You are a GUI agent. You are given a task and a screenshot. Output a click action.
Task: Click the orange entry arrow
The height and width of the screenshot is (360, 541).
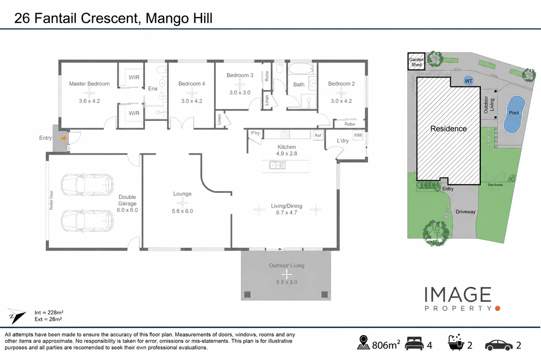coord(64,138)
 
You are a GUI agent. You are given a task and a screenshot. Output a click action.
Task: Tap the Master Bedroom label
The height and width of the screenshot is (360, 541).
coord(89,84)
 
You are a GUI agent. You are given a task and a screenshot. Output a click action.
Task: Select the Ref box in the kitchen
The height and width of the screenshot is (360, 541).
coord(318,135)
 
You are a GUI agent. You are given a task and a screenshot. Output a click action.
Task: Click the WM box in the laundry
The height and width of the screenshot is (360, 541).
coord(358,135)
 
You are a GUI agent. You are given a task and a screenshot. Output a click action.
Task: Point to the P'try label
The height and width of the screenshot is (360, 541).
coord(255,133)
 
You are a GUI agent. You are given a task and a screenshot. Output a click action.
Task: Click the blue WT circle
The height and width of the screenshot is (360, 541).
coord(468,81)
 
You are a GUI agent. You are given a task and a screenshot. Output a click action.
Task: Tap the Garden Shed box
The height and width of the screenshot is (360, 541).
coord(416,62)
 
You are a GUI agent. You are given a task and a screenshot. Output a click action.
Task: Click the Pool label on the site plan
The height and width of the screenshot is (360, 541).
coord(514,113)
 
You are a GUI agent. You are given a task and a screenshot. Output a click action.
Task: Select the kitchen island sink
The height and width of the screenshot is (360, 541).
coord(277,165)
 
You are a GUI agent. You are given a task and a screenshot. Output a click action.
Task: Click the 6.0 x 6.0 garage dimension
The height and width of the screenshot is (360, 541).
coord(127,210)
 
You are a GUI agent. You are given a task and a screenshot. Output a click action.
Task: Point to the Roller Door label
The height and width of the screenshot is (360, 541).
coord(51,200)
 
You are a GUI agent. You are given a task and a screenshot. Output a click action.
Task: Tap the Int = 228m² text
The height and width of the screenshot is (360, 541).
coord(49,312)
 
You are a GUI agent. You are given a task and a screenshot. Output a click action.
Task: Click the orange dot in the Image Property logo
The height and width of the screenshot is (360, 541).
coord(497,308)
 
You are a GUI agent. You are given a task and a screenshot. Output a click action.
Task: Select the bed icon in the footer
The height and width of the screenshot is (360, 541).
coord(414,343)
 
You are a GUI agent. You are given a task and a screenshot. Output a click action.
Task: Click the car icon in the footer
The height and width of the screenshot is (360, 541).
coord(499,345)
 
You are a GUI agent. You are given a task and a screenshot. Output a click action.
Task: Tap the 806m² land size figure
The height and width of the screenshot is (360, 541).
coord(386,345)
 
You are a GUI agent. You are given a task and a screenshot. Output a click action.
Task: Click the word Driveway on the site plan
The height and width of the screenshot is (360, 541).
coord(465,212)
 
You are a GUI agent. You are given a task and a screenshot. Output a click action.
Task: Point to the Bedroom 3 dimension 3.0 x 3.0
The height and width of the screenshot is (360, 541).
coord(240,93)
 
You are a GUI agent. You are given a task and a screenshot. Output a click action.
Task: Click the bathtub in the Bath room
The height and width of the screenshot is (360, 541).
coord(301,69)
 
